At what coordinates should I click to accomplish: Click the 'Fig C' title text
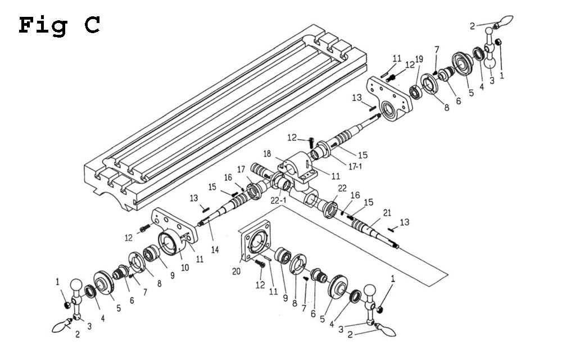[60, 25]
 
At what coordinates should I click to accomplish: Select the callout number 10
[184, 268]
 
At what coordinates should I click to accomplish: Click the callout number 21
[386, 212]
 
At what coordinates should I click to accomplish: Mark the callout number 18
[268, 153]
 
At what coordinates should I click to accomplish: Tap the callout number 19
[419, 60]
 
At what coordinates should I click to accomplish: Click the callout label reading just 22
[342, 188]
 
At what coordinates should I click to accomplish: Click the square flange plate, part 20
[256, 242]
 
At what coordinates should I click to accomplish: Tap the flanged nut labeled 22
[329, 206]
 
